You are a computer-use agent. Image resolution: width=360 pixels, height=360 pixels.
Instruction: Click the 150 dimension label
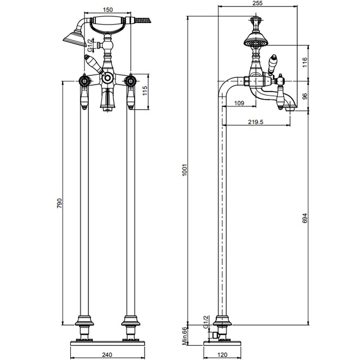click(x=108, y=10)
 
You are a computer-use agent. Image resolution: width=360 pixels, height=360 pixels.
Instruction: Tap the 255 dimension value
click(x=257, y=3)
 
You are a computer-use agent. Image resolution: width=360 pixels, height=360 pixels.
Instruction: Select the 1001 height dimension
click(x=185, y=170)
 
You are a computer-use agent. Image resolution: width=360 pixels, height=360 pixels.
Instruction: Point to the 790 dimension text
click(x=59, y=203)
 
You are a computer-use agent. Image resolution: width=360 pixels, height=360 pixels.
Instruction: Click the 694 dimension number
click(x=304, y=218)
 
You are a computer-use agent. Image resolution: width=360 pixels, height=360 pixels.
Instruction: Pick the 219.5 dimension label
click(x=255, y=122)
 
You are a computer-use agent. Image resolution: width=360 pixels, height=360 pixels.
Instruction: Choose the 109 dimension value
click(x=239, y=103)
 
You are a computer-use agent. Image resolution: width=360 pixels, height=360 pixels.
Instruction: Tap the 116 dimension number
click(x=304, y=62)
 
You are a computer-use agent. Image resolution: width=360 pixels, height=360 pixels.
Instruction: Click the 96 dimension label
click(x=304, y=97)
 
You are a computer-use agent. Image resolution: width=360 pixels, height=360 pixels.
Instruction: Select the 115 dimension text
click(x=145, y=91)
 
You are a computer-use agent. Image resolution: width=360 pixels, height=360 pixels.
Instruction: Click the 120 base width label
click(x=222, y=355)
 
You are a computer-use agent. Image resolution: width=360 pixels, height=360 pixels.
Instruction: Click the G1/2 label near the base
click(x=206, y=322)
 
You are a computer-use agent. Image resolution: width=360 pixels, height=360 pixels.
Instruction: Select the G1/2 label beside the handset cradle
click(x=90, y=45)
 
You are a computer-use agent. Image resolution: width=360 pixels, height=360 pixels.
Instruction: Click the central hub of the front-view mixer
click(x=107, y=79)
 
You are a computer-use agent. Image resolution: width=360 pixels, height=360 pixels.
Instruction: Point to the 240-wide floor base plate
click(x=107, y=343)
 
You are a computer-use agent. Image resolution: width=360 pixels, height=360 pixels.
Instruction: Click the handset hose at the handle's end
click(x=142, y=20)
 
